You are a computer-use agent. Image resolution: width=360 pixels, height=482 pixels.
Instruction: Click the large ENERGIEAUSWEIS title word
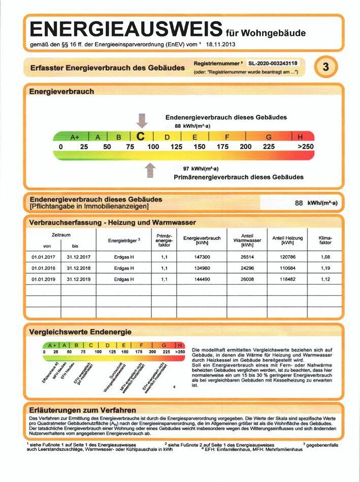tap(126, 29)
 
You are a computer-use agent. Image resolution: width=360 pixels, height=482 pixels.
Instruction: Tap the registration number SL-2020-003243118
tap(273, 63)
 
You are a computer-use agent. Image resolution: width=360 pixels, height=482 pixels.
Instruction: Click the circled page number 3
tap(325, 67)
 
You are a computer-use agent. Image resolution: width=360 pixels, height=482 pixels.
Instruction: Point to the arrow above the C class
tap(142, 121)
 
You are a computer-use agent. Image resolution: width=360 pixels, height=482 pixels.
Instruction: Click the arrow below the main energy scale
tap(150, 170)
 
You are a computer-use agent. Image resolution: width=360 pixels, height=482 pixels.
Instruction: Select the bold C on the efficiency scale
tap(142, 136)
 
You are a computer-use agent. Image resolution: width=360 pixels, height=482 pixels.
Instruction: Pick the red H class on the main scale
tap(300, 137)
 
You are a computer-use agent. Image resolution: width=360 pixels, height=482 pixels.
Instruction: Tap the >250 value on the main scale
tap(306, 147)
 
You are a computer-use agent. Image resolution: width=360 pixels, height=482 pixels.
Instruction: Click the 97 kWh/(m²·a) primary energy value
tap(201, 168)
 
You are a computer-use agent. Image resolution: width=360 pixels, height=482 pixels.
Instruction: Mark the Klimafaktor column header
tap(325, 240)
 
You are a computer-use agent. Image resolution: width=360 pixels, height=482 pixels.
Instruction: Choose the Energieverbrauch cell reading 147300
tap(202, 257)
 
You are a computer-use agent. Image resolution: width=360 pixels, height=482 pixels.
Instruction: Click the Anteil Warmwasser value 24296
tap(247, 268)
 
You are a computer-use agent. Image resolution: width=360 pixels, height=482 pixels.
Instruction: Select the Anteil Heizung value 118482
tap(287, 279)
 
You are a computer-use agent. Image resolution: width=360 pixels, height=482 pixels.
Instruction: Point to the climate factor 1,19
tap(325, 268)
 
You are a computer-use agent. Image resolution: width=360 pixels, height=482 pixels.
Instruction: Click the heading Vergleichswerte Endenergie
tap(80, 332)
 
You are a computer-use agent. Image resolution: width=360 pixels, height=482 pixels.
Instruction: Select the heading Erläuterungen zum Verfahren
tap(83, 410)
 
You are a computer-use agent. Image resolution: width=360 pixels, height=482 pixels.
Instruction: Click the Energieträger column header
tap(124, 240)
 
